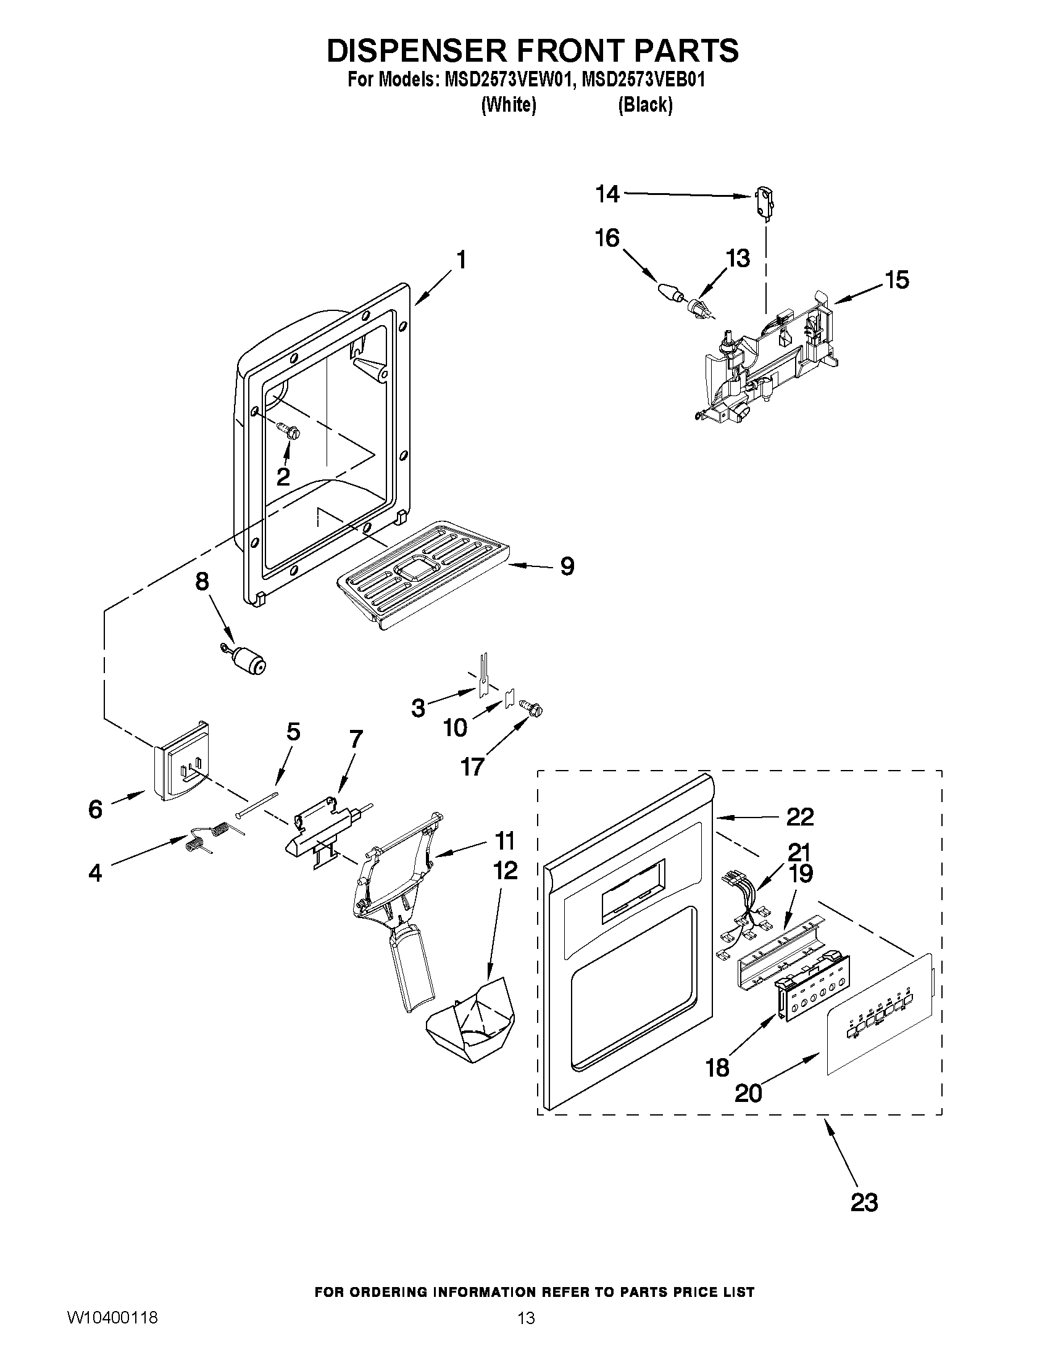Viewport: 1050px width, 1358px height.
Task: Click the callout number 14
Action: pyautogui.click(x=607, y=194)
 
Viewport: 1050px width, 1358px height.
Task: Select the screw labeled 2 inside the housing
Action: pyautogui.click(x=288, y=429)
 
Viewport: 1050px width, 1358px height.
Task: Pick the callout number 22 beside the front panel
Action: pyautogui.click(x=799, y=816)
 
